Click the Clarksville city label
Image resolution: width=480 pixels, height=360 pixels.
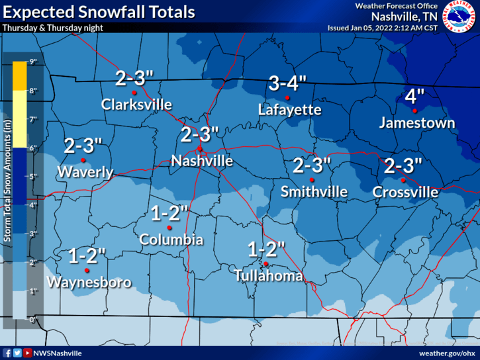point(136,105)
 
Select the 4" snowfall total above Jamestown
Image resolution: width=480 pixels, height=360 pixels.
point(414,97)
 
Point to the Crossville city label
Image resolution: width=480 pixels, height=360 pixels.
point(405,192)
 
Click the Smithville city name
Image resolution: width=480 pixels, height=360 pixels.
point(314,192)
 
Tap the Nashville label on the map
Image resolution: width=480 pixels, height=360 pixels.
point(202,161)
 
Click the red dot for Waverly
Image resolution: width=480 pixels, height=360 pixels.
point(83,160)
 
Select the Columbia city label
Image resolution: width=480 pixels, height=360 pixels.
point(171,240)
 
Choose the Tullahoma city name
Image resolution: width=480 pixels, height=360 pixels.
point(269,276)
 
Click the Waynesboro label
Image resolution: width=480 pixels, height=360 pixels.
point(89,283)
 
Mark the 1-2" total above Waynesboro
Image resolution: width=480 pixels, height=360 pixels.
point(87,255)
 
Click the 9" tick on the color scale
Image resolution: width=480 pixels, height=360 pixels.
point(32,62)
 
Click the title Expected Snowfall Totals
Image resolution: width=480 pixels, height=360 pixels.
point(99,12)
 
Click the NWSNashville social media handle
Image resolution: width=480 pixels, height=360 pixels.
point(58,353)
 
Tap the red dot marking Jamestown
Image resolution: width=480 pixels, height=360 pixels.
point(414,111)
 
